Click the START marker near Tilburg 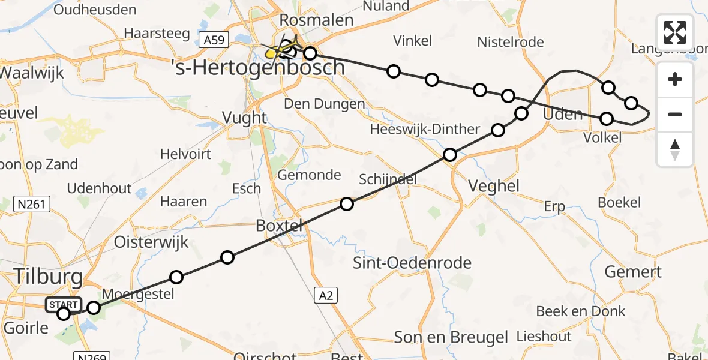[62, 305]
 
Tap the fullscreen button [675, 32]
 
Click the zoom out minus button [675, 114]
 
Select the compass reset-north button [675, 149]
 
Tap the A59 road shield [214, 40]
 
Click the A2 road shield [325, 295]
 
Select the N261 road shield [31, 205]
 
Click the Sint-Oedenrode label [412, 262]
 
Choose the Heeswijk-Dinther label [425, 129]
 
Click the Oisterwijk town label [151, 242]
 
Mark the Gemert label [632, 272]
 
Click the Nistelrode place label [510, 42]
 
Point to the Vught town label [244, 117]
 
